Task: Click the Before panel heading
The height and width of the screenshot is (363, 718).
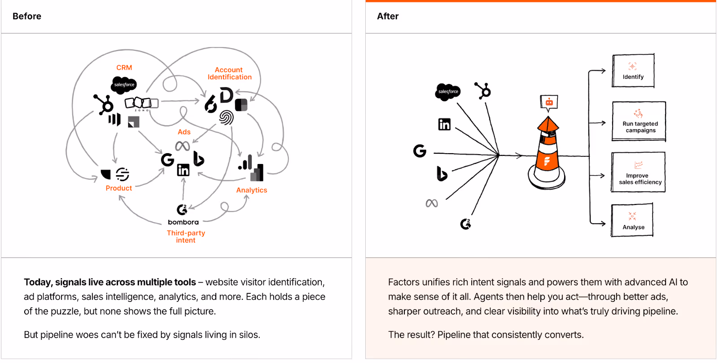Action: [x=27, y=16]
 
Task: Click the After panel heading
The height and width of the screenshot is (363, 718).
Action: [x=388, y=16]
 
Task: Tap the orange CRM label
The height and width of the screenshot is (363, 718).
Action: [x=124, y=68]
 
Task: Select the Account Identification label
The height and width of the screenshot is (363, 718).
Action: [x=229, y=73]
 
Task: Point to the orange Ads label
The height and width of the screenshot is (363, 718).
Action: [x=184, y=132]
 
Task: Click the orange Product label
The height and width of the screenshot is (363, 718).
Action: [x=119, y=188]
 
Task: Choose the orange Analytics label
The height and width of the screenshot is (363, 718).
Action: [x=252, y=190]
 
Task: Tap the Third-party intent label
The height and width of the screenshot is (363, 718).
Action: [x=186, y=236]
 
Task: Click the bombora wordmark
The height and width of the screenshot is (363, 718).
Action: [x=183, y=222]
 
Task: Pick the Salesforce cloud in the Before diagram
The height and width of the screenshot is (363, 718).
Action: [x=123, y=84]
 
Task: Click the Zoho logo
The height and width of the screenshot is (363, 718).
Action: [x=141, y=104]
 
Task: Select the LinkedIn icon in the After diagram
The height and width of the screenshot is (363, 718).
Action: [x=444, y=124]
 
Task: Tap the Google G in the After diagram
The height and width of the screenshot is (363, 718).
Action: [x=420, y=151]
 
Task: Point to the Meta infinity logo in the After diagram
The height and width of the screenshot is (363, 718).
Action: [x=432, y=204]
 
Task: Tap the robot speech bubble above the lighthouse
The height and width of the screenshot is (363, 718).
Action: [x=549, y=102]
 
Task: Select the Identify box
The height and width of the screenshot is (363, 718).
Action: [x=633, y=71]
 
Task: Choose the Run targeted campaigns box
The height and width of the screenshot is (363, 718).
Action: [x=639, y=122]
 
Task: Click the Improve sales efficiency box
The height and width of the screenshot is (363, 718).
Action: [x=638, y=173]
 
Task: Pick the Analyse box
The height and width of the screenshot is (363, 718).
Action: [x=632, y=220]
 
